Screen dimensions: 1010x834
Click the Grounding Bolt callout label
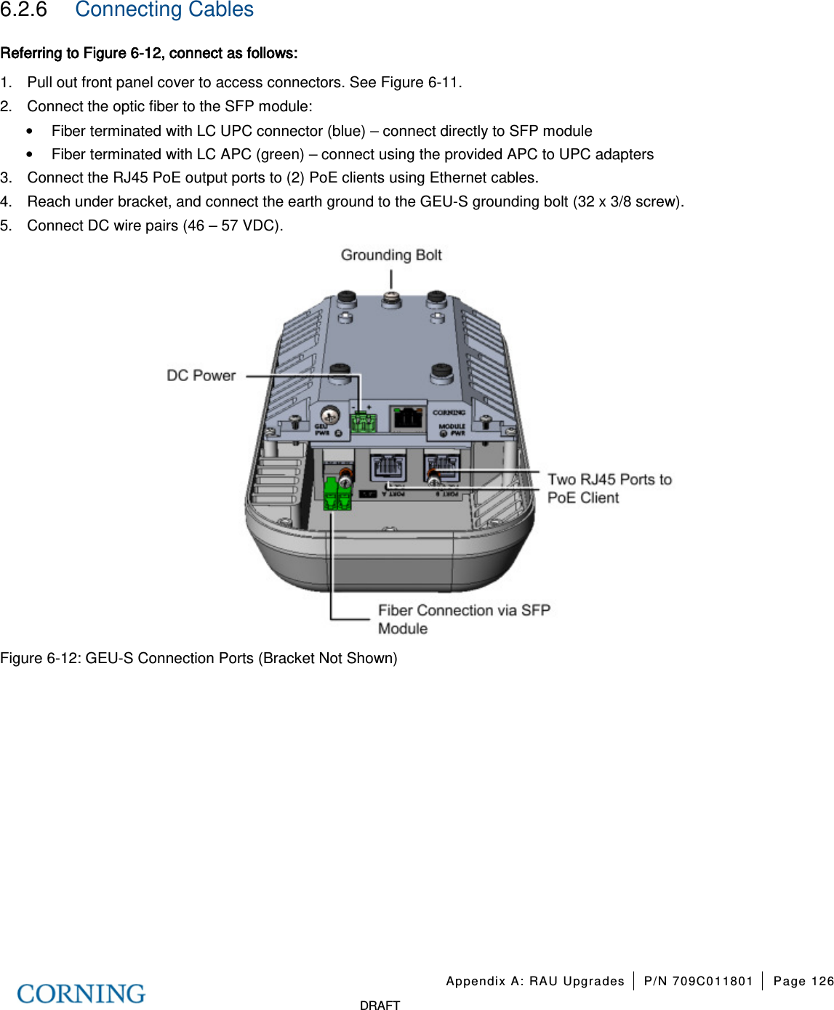391,255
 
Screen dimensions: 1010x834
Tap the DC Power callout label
201,376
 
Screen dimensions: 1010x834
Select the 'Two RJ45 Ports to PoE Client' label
609,489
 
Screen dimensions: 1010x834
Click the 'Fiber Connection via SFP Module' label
464,620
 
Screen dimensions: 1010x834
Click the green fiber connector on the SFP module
337,495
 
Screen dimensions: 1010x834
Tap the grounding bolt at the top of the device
391,299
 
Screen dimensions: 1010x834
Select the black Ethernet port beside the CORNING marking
407,418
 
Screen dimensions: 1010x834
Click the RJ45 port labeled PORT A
388,465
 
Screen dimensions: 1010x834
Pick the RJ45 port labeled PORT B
441,465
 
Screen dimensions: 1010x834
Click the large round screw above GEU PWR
330,415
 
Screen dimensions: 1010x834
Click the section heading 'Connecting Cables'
164,10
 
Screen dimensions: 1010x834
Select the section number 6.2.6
23,10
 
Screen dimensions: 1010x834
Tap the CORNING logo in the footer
81,993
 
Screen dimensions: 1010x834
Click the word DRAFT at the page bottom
380,1005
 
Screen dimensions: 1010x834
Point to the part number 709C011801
712,981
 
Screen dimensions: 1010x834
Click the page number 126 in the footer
822,981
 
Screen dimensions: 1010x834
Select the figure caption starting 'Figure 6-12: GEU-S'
199,658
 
